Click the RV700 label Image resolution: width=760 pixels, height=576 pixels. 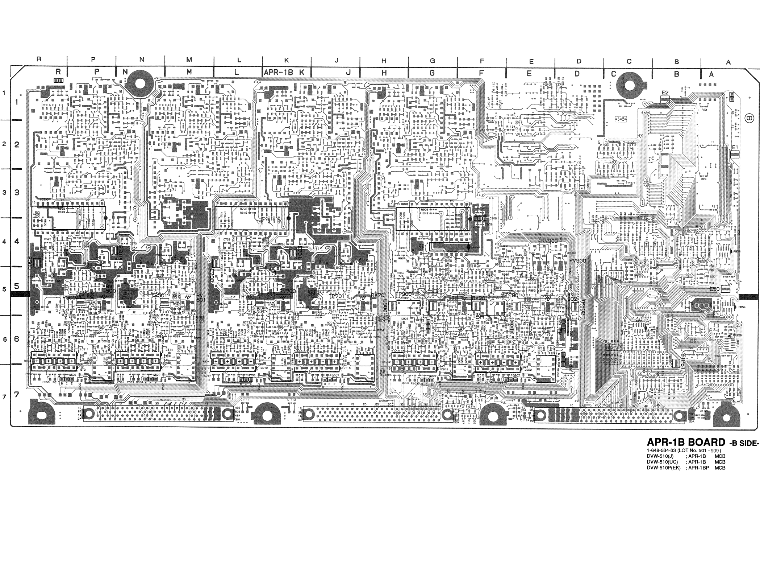point(288,291)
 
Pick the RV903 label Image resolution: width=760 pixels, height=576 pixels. point(550,241)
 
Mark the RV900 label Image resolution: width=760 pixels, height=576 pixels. point(577,261)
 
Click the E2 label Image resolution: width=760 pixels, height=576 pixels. point(665,93)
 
